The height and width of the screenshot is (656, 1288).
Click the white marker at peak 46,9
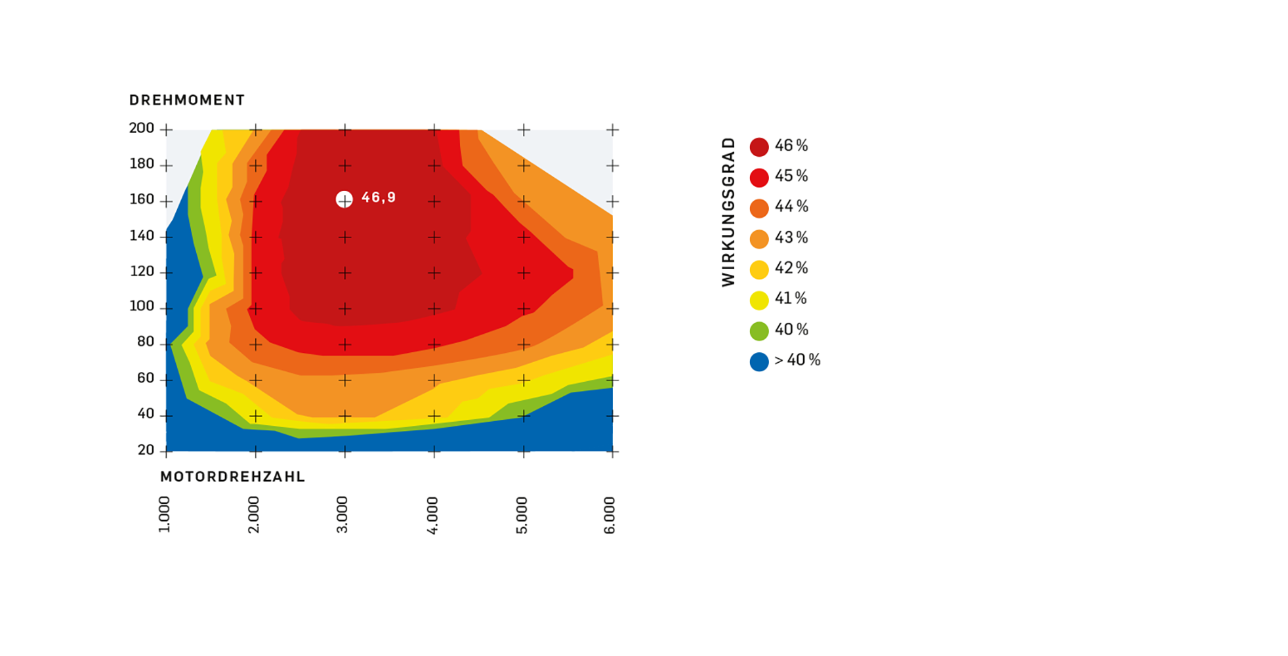[x=344, y=199]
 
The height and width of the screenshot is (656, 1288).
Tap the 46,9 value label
[x=379, y=197]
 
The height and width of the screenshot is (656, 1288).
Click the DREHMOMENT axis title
[x=187, y=100]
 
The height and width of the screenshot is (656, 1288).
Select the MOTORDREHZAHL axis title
[x=233, y=477]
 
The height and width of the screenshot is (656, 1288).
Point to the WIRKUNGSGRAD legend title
[x=728, y=212]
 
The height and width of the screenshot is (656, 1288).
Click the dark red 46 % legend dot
[x=759, y=147]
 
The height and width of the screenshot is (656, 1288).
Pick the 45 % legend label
[x=791, y=176]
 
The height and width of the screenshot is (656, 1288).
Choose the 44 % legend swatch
[x=759, y=208]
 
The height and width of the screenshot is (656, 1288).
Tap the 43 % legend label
[x=791, y=237]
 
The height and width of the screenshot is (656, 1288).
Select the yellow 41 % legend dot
[x=759, y=300]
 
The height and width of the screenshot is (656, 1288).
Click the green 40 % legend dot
[x=759, y=331]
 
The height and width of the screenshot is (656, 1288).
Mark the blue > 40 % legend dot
[x=759, y=361]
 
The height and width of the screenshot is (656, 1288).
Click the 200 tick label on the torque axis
[x=142, y=128]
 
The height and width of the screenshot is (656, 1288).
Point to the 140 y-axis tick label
[x=142, y=236]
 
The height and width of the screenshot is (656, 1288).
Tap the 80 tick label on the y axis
[x=146, y=342]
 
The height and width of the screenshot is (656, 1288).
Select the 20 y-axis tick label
[x=146, y=450]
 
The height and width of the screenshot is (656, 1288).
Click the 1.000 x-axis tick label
[x=164, y=515]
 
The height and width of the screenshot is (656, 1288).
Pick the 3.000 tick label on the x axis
[x=342, y=515]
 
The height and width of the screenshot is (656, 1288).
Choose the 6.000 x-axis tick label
[x=610, y=515]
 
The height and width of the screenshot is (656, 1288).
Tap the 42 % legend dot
[x=759, y=270]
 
